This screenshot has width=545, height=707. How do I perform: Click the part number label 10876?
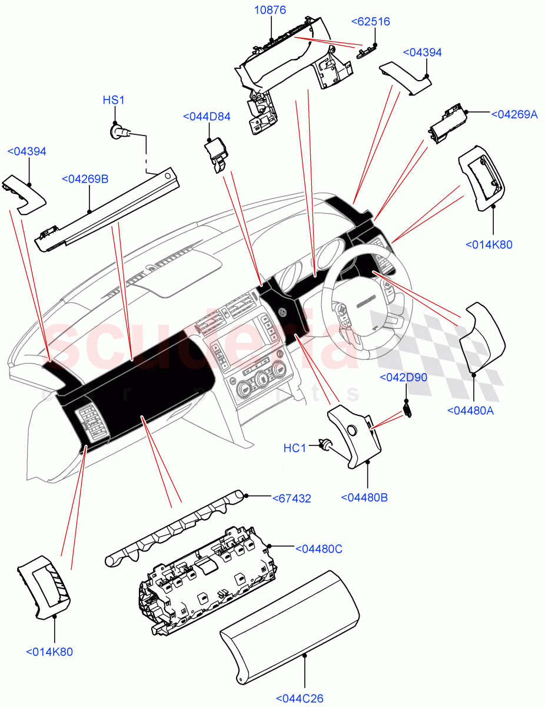point(270,11)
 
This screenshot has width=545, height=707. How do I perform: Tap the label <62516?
point(370,22)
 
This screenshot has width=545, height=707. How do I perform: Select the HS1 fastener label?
point(114,100)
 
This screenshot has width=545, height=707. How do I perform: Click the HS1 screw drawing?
point(119,131)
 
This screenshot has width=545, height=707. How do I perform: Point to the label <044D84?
point(207,117)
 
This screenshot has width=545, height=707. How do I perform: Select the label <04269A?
point(514,114)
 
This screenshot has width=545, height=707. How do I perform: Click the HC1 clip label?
point(295,448)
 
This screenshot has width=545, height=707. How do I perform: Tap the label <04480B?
point(364,497)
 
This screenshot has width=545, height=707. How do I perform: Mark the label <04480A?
point(470,411)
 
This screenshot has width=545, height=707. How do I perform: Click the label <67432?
point(291,498)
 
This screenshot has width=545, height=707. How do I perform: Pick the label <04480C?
point(318,549)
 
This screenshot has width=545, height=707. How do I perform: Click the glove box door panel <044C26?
point(288,625)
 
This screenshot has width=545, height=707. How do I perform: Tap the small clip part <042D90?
point(407,408)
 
